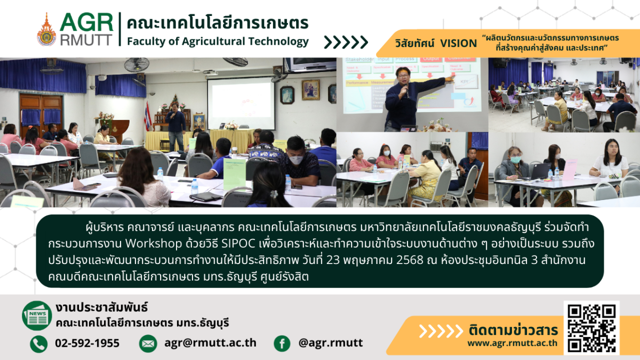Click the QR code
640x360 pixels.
[x=591, y=328]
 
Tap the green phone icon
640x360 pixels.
[x=39, y=343]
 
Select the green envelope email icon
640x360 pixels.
[x=148, y=343]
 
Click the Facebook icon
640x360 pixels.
[x=282, y=343]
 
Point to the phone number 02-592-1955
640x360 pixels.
[x=87, y=343]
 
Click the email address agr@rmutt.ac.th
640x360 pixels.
[x=210, y=343]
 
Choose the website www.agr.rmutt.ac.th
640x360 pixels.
[x=513, y=343]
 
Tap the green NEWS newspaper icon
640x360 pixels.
[x=37, y=316]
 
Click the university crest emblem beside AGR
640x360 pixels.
[x=46, y=30]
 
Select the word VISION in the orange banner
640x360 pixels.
[x=458, y=43]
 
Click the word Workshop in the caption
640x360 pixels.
[x=154, y=244]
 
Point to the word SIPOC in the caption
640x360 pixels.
[x=238, y=243]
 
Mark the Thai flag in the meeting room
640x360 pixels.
[x=148, y=117]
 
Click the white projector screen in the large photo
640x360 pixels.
[x=241, y=103]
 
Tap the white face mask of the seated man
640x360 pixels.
[x=295, y=159]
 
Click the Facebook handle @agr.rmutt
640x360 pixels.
[x=331, y=343]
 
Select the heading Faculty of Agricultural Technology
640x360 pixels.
[x=218, y=42]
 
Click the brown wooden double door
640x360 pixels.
[x=41, y=114]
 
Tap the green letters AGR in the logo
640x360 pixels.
[x=86, y=22]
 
